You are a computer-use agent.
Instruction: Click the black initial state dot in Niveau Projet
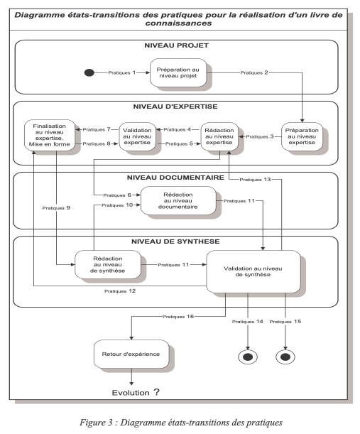tap(89, 72)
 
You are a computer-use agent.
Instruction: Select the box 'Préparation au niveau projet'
tap(178, 72)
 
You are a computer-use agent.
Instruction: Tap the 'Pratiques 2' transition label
tap(254, 72)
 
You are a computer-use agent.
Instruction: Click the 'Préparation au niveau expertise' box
tap(302, 136)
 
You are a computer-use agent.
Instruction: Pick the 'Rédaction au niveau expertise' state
tap(219, 136)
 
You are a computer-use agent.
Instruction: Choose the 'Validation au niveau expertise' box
tap(137, 136)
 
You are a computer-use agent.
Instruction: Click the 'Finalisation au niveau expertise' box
tap(50, 135)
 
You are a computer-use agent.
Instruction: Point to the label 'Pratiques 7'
tap(97, 129)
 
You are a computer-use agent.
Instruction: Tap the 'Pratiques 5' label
tap(179, 143)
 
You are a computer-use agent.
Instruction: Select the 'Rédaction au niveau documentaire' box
tap(178, 201)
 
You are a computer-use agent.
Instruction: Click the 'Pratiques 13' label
tap(255, 180)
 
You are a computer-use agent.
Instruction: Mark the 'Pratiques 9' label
tap(56, 208)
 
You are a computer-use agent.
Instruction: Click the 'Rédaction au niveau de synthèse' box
tap(108, 265)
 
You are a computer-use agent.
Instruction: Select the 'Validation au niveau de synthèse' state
tap(253, 271)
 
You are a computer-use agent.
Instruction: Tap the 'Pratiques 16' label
tap(178, 316)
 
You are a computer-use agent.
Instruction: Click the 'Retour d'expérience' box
tap(131, 354)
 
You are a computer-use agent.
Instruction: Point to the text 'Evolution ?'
tap(136, 393)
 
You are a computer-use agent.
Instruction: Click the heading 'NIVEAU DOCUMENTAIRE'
tap(175, 178)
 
